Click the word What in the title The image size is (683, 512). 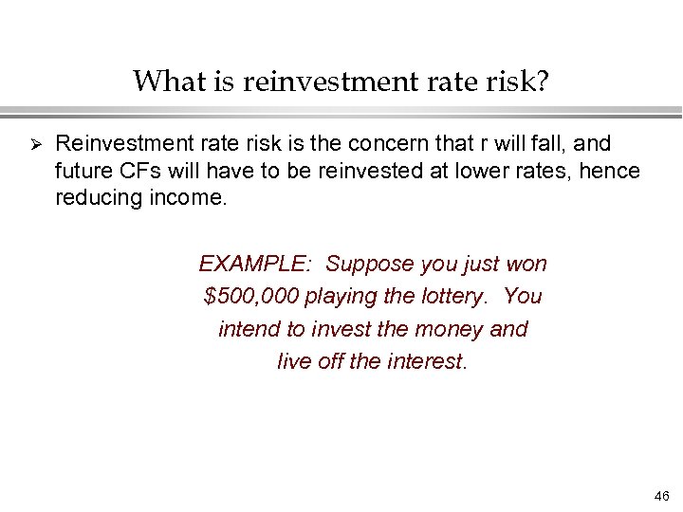[x=164, y=82]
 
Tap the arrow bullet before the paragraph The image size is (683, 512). [x=32, y=144]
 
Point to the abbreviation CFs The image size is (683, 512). [x=137, y=172]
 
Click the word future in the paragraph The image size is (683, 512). [x=83, y=172]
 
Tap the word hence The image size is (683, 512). [x=611, y=172]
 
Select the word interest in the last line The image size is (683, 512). [x=428, y=361]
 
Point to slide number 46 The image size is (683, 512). [x=661, y=496]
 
